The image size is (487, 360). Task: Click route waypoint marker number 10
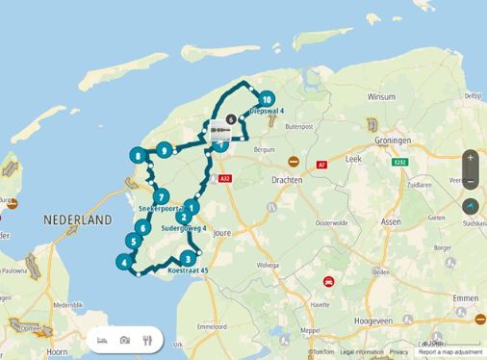click(x=266, y=98)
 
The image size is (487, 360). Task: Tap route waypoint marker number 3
click(x=186, y=257)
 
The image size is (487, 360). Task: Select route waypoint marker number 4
click(x=123, y=261)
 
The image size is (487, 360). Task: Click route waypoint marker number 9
click(x=166, y=150)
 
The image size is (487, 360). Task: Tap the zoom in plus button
click(x=470, y=157)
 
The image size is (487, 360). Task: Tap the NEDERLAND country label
click(x=78, y=220)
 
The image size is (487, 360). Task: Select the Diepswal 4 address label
click(x=266, y=112)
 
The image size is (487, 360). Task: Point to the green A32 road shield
click(x=226, y=178)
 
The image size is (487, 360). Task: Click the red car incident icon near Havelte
click(x=329, y=282)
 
